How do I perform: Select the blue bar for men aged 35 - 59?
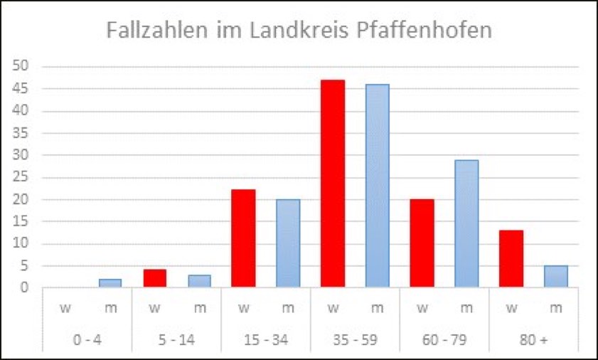[377, 186]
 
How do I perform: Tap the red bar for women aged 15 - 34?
[243, 238]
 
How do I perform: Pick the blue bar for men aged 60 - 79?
[466, 223]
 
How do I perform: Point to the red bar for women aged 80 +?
[511, 259]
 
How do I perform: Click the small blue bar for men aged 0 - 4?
[110, 283]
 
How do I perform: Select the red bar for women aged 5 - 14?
[154, 278]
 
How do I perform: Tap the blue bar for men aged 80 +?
[555, 277]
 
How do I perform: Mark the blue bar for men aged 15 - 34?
[288, 243]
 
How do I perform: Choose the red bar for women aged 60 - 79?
[422, 243]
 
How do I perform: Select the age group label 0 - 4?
[87, 340]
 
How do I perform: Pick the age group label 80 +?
[533, 340]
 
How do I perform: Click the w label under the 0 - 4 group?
[65, 309]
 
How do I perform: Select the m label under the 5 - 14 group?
[199, 309]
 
